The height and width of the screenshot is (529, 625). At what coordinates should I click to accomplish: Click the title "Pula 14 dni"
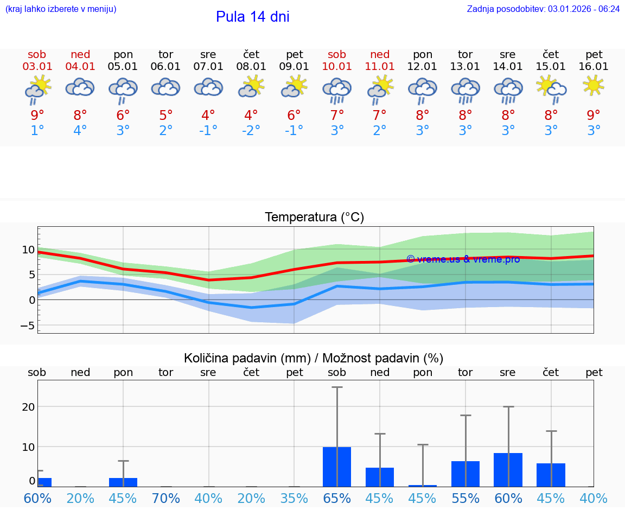coord(252,17)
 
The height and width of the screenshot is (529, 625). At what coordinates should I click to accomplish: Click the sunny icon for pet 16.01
coord(594,85)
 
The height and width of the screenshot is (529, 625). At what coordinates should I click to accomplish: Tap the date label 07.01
coord(208,67)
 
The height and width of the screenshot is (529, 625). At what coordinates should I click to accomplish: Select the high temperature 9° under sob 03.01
coord(37,115)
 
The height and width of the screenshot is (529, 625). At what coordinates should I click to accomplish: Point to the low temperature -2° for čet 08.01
coord(251,131)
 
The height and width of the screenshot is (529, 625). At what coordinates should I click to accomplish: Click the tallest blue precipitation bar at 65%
coord(337,467)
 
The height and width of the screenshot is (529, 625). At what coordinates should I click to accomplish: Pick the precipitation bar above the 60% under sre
coord(508,470)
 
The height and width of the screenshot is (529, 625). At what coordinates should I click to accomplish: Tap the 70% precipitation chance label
coord(165,498)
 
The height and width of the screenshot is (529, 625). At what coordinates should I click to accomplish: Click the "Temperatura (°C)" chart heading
coord(314,218)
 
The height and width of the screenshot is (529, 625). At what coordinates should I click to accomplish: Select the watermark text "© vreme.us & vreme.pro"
coord(463,259)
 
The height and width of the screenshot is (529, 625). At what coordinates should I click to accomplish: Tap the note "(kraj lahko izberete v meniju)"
coord(61,9)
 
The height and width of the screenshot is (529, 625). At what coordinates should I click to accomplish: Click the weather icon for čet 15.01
coord(551,88)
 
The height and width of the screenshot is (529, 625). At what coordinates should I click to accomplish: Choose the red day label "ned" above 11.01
coord(380,54)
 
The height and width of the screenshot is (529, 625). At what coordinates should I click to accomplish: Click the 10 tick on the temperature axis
coord(28,250)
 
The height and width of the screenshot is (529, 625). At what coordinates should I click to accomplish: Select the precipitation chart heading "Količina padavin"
coord(314,358)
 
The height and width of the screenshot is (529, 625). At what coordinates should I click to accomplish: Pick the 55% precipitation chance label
coord(465,498)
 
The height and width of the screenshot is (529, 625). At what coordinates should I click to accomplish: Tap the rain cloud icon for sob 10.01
coord(337,90)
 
